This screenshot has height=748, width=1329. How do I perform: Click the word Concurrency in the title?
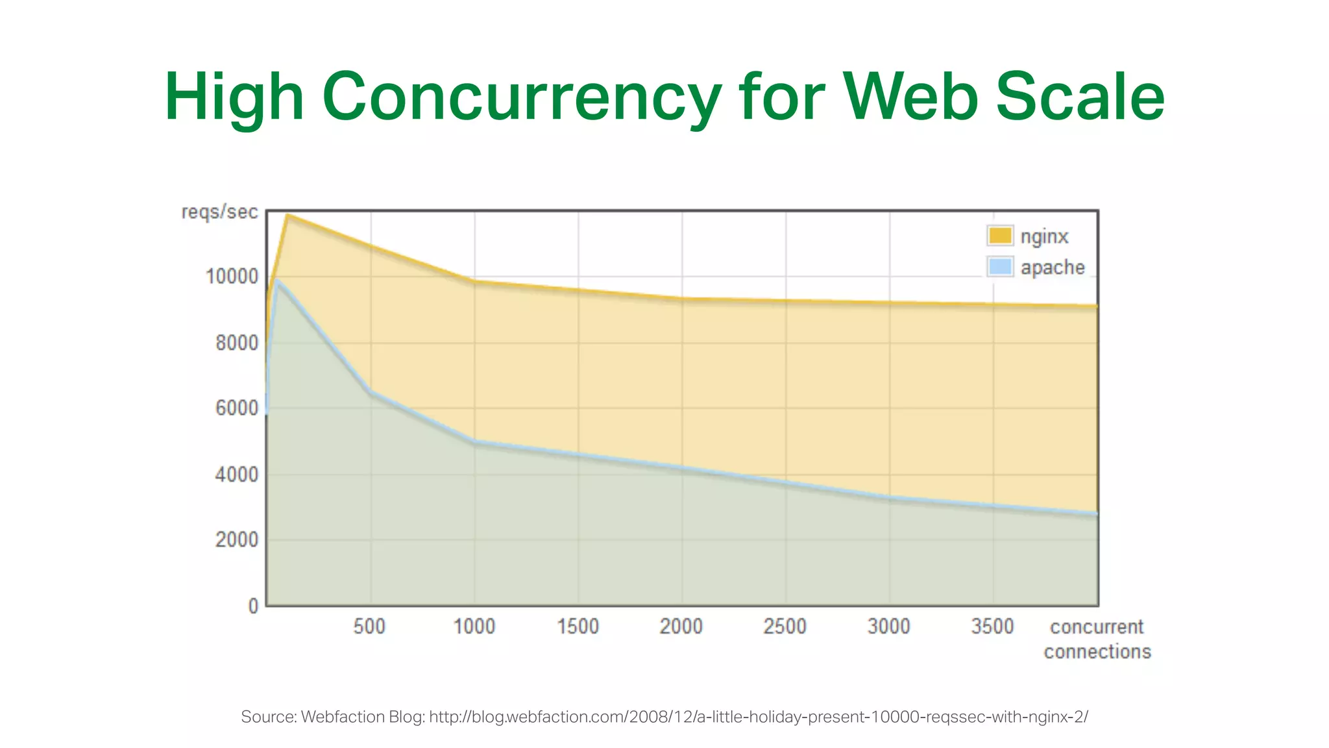(x=521, y=97)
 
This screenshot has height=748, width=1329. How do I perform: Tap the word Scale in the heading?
(x=1080, y=97)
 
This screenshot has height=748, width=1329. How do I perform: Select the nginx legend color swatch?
(x=1000, y=236)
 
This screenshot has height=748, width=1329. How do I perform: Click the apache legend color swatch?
(x=1000, y=267)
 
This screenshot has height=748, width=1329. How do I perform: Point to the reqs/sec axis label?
(x=219, y=212)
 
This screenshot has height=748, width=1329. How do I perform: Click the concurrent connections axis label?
(x=1097, y=639)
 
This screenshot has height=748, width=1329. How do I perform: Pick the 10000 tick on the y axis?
(x=232, y=277)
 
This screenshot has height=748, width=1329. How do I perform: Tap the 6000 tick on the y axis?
(x=237, y=408)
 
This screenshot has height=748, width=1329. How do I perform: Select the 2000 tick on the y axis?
(x=237, y=540)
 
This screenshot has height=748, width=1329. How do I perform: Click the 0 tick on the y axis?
(x=253, y=606)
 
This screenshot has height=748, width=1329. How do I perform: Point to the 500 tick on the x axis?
(x=369, y=627)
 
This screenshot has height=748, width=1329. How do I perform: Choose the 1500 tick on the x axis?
(x=578, y=627)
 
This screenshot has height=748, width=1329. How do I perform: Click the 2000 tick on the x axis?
(x=681, y=627)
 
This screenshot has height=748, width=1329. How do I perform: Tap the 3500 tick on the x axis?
(x=992, y=627)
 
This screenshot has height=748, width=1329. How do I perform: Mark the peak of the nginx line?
(x=287, y=215)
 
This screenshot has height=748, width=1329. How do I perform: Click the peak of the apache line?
(x=276, y=280)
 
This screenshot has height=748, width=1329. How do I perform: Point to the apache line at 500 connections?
(x=371, y=392)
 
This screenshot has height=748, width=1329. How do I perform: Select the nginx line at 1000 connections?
(x=474, y=280)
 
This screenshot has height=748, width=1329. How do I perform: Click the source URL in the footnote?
(x=758, y=717)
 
